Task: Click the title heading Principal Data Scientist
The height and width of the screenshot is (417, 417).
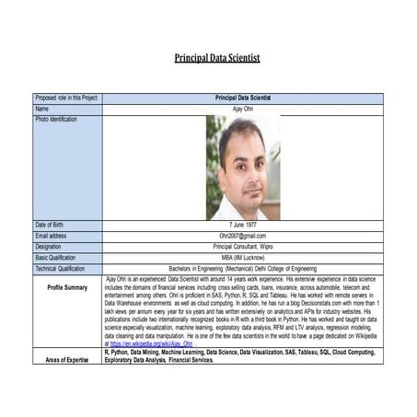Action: (217, 58)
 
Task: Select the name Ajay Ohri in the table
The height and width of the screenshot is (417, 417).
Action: (242, 109)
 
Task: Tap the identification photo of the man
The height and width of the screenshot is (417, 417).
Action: (243, 167)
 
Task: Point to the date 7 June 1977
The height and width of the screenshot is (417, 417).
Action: (242, 225)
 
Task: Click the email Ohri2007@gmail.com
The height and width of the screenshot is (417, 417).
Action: (242, 236)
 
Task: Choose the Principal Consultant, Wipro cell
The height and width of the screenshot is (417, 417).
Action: (242, 247)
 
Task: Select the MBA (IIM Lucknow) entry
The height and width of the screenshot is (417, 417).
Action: (242, 257)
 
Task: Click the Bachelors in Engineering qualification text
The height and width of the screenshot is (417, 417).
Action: (242, 268)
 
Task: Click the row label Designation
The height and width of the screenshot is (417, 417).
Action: (50, 247)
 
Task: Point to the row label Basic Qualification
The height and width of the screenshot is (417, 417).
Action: (58, 257)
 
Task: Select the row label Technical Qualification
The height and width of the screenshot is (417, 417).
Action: (61, 268)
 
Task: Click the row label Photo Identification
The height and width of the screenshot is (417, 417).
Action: (57, 120)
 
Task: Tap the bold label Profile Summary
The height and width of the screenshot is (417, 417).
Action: (68, 287)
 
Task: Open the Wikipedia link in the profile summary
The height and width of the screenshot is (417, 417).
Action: (153, 342)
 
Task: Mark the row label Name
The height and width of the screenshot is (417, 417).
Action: (42, 109)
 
